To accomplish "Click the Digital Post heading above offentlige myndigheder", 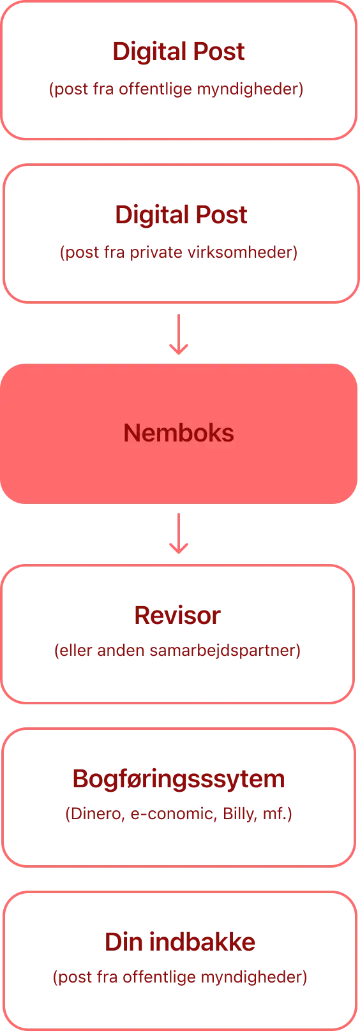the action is point(179,52).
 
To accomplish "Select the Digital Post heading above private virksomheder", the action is point(181,215).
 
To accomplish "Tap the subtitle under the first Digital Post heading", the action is point(176,89).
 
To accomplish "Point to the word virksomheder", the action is point(241,252).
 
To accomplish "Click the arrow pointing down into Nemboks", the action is point(179,334).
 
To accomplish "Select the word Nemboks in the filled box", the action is point(179,433).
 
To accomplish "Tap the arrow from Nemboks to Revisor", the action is point(179,533).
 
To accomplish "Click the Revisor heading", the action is point(177,616).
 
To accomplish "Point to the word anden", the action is point(121,650).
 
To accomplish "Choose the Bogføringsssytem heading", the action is point(179,779).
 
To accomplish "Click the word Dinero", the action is point(96,813).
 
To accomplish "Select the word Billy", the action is point(239,813).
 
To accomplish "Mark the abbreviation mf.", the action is point(275,813).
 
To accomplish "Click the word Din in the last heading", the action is point(123,942).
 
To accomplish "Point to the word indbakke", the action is point(202,942).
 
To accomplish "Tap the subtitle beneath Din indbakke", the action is point(180,977).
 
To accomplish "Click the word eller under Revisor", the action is point(76,650).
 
